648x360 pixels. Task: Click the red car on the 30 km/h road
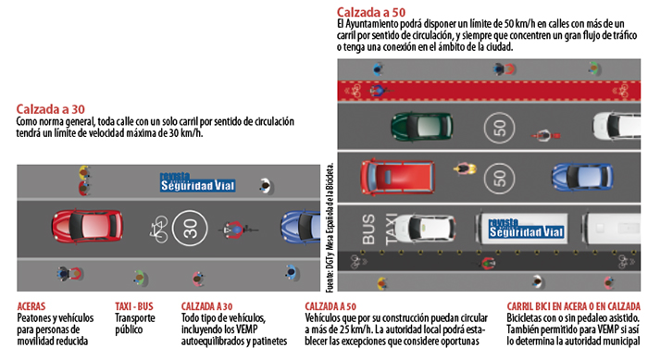(x=87, y=226)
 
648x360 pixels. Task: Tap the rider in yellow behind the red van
(x=461, y=168)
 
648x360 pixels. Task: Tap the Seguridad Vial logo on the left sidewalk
(x=197, y=182)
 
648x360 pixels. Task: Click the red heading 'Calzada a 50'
(x=371, y=11)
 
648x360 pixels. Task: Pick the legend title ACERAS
(x=36, y=305)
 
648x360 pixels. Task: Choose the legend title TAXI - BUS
(x=136, y=305)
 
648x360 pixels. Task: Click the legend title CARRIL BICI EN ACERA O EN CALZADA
(x=572, y=305)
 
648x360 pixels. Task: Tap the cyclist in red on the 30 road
(x=240, y=229)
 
